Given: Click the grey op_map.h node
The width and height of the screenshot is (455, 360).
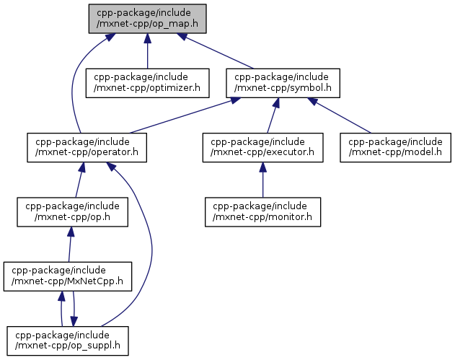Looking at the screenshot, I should click(147, 17).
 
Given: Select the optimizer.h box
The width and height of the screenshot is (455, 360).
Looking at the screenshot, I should click(147, 83).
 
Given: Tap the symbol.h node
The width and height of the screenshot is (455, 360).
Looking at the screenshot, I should click(282, 83).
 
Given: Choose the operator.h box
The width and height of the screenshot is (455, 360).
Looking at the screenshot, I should click(87, 147).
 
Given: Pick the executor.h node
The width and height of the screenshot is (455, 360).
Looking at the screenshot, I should click(262, 147).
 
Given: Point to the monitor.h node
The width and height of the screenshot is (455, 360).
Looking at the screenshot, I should click(262, 211).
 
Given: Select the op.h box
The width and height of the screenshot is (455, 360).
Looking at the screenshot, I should click(69, 211).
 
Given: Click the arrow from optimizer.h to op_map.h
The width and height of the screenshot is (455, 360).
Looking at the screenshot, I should click(147, 51).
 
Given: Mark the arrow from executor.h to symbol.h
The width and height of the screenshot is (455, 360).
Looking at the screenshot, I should click(272, 115).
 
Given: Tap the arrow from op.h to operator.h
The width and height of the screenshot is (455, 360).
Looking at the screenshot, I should click(78, 180).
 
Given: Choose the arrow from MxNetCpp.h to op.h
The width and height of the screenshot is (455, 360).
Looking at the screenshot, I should click(69, 244).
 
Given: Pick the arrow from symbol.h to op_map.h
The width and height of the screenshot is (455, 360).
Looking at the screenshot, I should click(216, 51).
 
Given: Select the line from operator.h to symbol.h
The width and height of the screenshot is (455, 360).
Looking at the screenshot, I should click(184, 115).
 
